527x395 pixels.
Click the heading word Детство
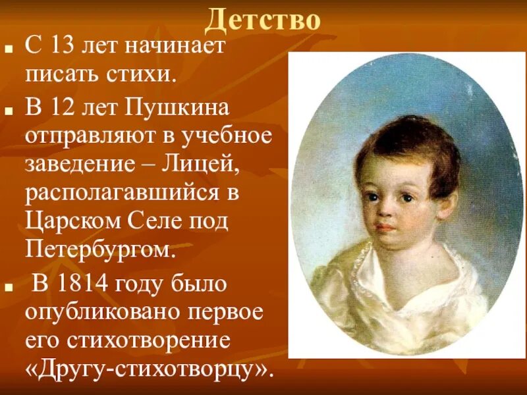[263, 20]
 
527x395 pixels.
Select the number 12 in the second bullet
[61, 107]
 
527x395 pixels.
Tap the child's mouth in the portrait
[387, 226]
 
